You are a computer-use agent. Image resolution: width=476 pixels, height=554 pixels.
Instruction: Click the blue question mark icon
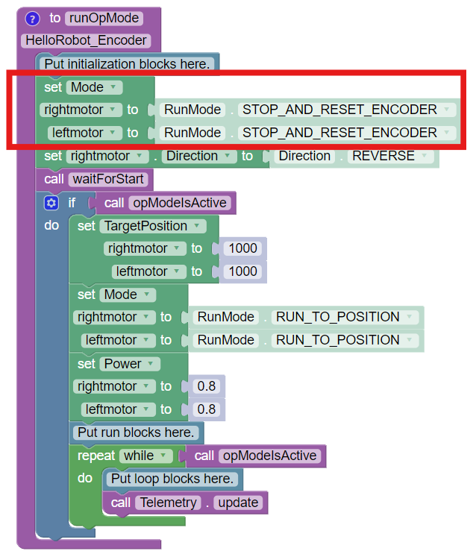(32, 18)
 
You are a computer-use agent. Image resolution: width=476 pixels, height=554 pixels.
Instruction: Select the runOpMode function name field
(102, 18)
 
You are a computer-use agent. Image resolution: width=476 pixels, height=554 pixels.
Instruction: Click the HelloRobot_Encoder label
(87, 40)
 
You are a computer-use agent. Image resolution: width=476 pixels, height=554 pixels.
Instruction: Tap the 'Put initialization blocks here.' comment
(126, 63)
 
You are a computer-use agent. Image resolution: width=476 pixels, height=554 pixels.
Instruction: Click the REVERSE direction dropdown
(392, 156)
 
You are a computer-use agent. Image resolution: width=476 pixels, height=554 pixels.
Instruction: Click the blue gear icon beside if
(51, 203)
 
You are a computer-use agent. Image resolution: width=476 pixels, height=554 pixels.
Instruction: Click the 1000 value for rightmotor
(243, 248)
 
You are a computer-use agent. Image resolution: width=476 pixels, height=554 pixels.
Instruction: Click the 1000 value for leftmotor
(243, 271)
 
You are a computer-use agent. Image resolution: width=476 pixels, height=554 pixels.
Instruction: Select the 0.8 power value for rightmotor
(205, 386)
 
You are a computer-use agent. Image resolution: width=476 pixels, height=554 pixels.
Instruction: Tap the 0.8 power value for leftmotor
(205, 409)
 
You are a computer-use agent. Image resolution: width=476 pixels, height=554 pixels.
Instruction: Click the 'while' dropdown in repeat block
(147, 456)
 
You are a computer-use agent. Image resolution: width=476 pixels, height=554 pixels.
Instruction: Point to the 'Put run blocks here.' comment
(136, 432)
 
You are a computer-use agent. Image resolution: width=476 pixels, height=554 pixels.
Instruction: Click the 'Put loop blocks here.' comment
(173, 479)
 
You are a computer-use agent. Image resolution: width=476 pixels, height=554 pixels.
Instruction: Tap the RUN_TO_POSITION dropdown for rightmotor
(344, 317)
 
